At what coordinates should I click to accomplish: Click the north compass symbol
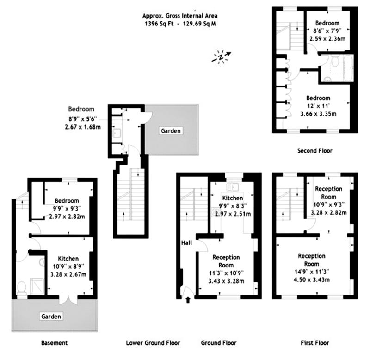(222, 56)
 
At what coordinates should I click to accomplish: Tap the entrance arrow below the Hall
(188, 300)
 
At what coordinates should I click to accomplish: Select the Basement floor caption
(55, 343)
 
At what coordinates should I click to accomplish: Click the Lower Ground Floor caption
(153, 343)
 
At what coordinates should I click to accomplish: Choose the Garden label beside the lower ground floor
(171, 131)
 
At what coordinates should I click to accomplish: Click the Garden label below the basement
(52, 317)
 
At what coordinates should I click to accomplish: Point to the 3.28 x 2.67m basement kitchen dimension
(68, 274)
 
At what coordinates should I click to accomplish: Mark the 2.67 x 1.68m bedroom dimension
(83, 127)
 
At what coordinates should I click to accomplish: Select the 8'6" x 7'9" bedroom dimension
(327, 31)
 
